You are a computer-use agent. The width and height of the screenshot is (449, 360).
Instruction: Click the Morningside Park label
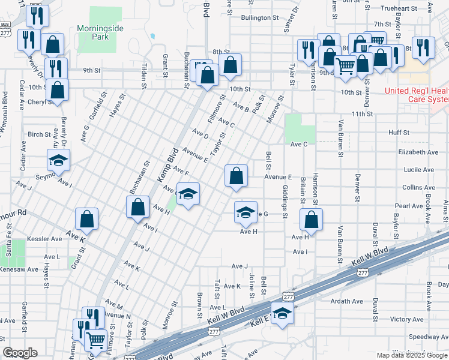click(97, 32)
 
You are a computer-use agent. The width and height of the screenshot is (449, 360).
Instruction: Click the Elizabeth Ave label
click(415, 152)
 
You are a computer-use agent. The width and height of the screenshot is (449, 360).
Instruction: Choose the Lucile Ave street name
click(419, 170)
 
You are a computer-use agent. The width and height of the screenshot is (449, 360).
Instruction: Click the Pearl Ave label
click(409, 206)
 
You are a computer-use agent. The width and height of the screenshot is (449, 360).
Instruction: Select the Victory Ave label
click(407, 319)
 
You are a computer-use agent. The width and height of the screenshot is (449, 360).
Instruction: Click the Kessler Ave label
click(49, 238)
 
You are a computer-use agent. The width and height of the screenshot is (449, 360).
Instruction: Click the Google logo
click(20, 353)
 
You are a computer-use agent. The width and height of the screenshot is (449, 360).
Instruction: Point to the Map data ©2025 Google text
click(411, 355)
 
